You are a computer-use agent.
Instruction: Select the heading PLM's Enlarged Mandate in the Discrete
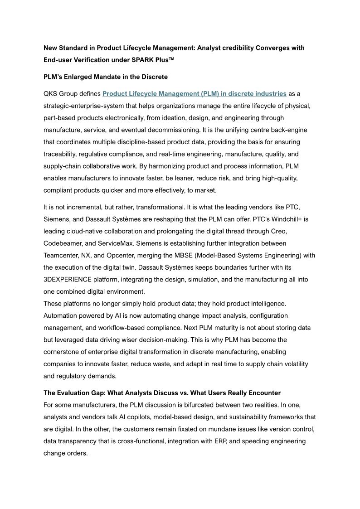106,77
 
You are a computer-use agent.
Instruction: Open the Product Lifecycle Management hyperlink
194,94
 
